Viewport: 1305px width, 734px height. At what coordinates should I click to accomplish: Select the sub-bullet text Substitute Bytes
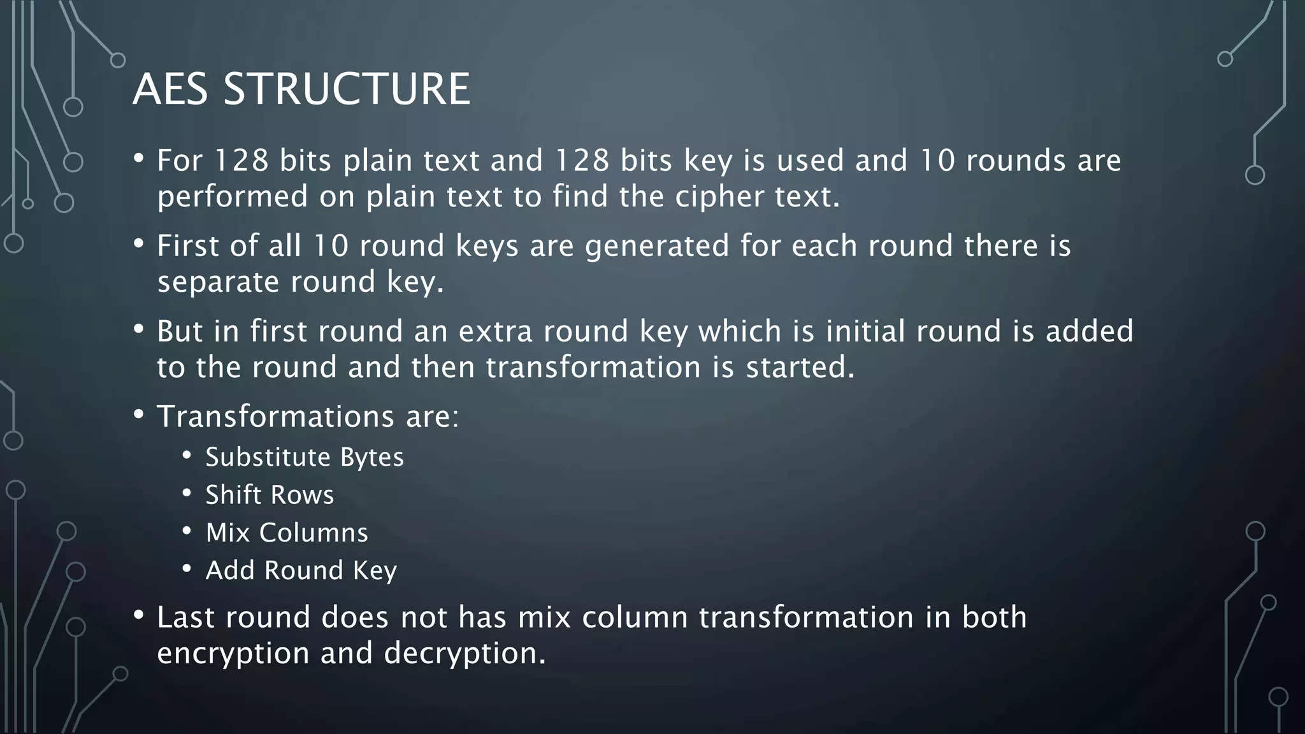(x=304, y=457)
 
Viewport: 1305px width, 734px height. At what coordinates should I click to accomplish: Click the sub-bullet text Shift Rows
(x=269, y=495)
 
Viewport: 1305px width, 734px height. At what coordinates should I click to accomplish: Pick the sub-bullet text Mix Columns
(x=287, y=533)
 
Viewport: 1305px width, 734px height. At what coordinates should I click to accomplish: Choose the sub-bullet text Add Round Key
(x=301, y=570)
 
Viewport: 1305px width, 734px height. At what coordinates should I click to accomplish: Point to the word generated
(x=657, y=246)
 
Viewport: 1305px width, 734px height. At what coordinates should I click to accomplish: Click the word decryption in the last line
(x=465, y=653)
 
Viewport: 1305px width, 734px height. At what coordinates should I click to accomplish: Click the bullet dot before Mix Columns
(x=187, y=531)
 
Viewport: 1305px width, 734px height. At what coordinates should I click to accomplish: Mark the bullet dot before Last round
(x=139, y=615)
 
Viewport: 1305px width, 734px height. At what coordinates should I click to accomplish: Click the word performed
(x=233, y=196)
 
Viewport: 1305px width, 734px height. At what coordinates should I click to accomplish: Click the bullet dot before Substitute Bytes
(x=187, y=456)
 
